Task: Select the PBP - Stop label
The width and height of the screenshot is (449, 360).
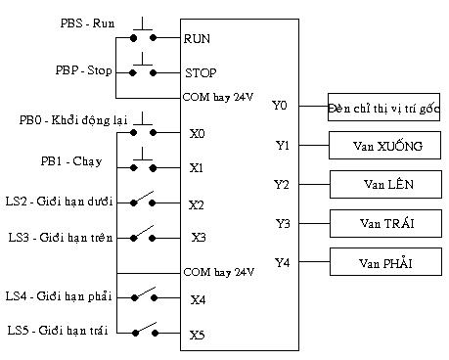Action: [x=83, y=70]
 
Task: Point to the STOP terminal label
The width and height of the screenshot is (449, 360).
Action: [x=201, y=72]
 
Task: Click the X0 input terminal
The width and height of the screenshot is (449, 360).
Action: [x=197, y=132]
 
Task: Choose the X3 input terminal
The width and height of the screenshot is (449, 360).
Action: [x=197, y=237]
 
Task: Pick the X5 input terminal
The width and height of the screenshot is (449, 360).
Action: [x=197, y=335]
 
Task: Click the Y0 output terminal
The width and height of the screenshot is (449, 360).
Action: [x=281, y=106]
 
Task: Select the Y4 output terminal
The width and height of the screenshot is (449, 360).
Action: [x=282, y=262]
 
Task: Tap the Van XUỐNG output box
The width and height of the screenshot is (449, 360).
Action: [x=383, y=147]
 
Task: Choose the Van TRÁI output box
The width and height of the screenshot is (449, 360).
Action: [x=383, y=223]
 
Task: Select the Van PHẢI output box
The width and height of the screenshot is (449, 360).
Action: [x=383, y=262]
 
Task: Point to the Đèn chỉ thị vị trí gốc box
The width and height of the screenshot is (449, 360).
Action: [x=383, y=107]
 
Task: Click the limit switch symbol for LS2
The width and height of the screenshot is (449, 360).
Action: [x=143, y=202]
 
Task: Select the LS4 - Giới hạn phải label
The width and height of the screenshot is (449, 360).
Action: [x=59, y=295]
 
